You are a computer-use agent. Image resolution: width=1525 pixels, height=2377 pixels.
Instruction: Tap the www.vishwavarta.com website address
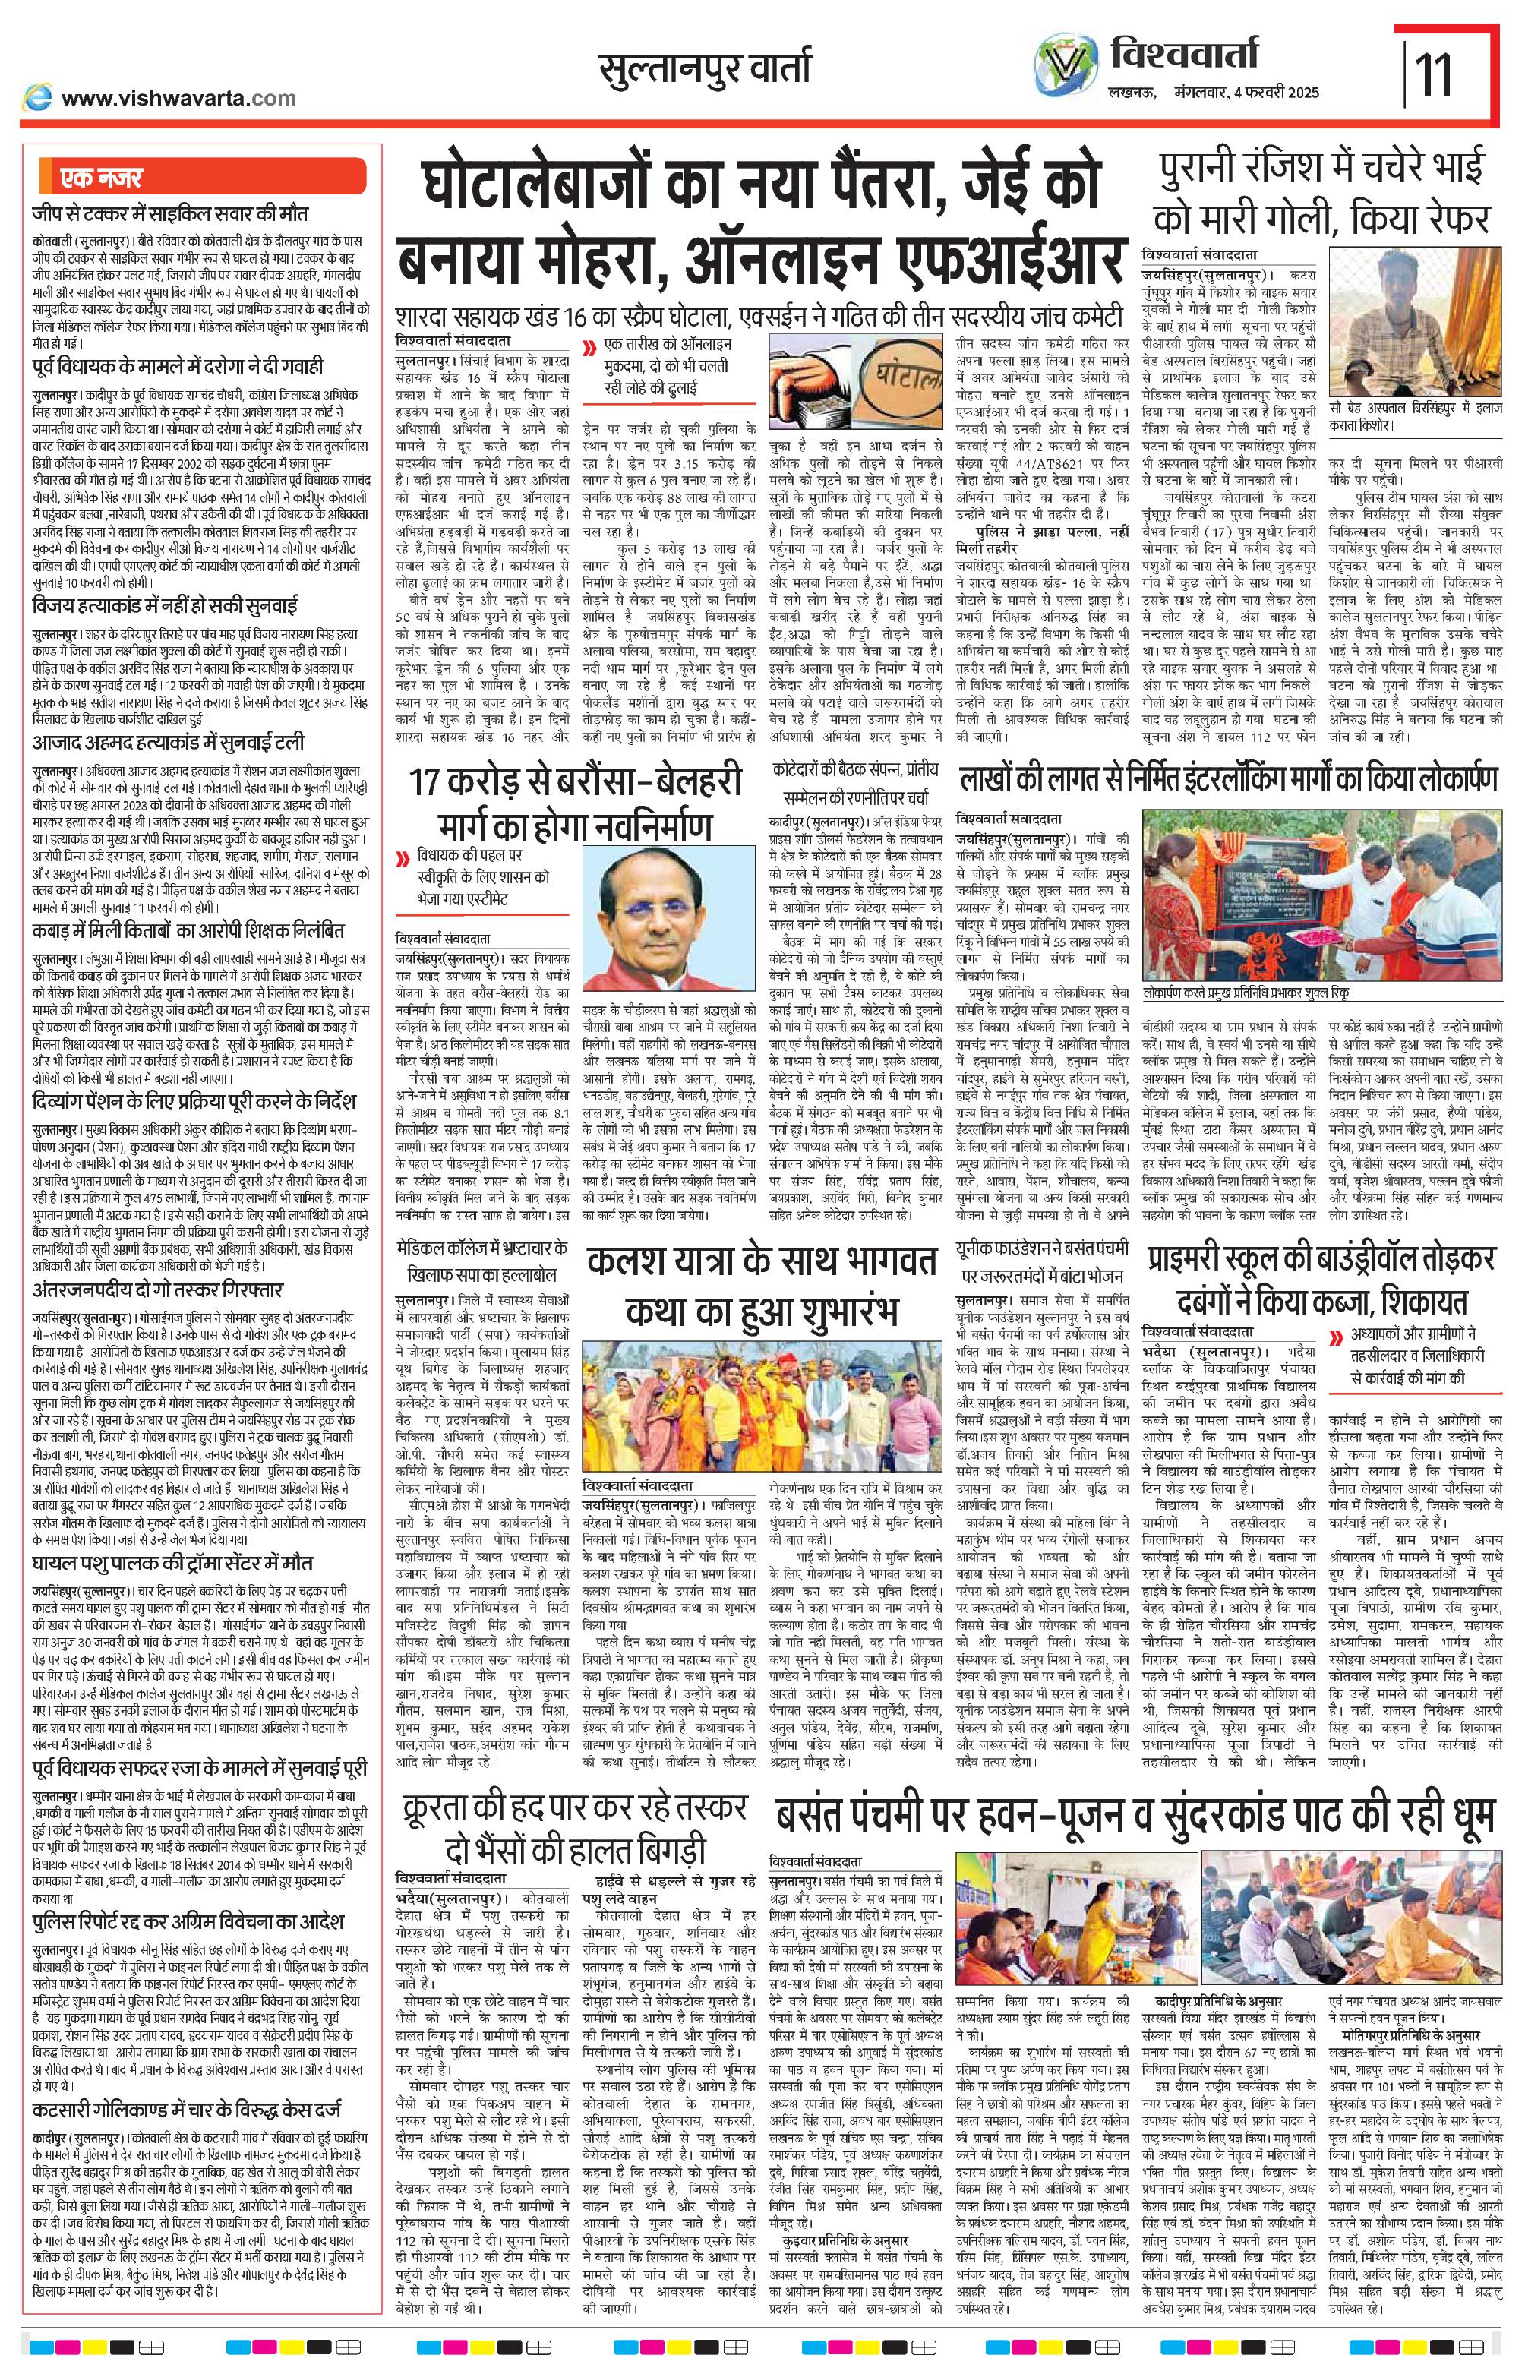tap(177, 97)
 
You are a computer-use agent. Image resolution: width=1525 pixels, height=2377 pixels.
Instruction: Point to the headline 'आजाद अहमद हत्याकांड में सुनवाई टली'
tap(169, 743)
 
